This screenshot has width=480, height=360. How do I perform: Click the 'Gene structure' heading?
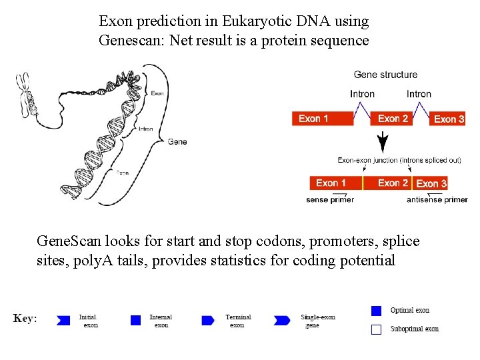385,75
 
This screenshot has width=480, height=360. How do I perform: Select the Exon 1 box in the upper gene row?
323,119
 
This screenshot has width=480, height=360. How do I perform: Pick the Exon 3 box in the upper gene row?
447,119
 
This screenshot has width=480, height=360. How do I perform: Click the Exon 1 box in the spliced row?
336,183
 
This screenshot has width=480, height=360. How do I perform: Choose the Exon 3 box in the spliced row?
431,183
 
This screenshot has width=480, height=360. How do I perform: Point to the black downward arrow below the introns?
383,142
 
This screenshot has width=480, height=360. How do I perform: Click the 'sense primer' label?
329,199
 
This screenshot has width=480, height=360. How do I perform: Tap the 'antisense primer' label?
437,199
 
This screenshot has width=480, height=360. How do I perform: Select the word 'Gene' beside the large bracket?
177,141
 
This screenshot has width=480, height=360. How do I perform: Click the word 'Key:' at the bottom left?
25,319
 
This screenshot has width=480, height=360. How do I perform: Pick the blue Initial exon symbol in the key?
64,321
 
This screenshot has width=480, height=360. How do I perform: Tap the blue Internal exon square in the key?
136,321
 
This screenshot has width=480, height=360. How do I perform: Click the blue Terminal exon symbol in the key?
208,321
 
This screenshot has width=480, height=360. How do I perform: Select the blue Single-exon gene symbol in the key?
282,321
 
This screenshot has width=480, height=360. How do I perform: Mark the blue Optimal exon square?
376,310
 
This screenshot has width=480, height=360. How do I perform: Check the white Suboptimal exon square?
376,329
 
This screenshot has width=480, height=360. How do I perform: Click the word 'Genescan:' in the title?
131,40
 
